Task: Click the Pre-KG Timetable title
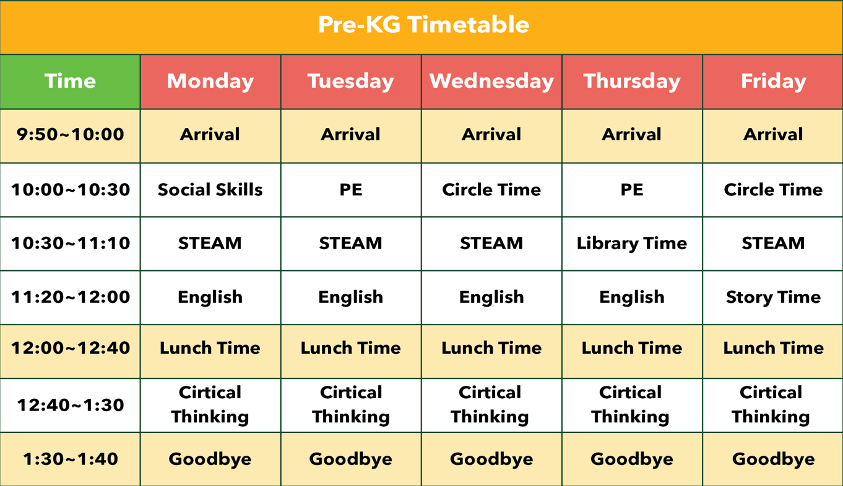click(423, 25)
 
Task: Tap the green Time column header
click(71, 81)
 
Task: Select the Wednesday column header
click(491, 82)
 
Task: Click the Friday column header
click(774, 82)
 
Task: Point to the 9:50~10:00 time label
click(71, 135)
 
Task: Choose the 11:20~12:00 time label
click(71, 297)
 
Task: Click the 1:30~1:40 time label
click(71, 459)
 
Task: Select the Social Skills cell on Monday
click(210, 189)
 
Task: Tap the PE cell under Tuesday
click(351, 189)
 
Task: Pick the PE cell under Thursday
click(632, 189)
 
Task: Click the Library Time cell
click(632, 244)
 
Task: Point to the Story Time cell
click(774, 297)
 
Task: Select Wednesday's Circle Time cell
click(491, 189)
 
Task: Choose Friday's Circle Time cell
click(774, 189)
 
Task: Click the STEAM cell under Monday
click(210, 243)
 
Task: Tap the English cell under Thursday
click(632, 297)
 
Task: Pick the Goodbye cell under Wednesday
click(491, 459)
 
